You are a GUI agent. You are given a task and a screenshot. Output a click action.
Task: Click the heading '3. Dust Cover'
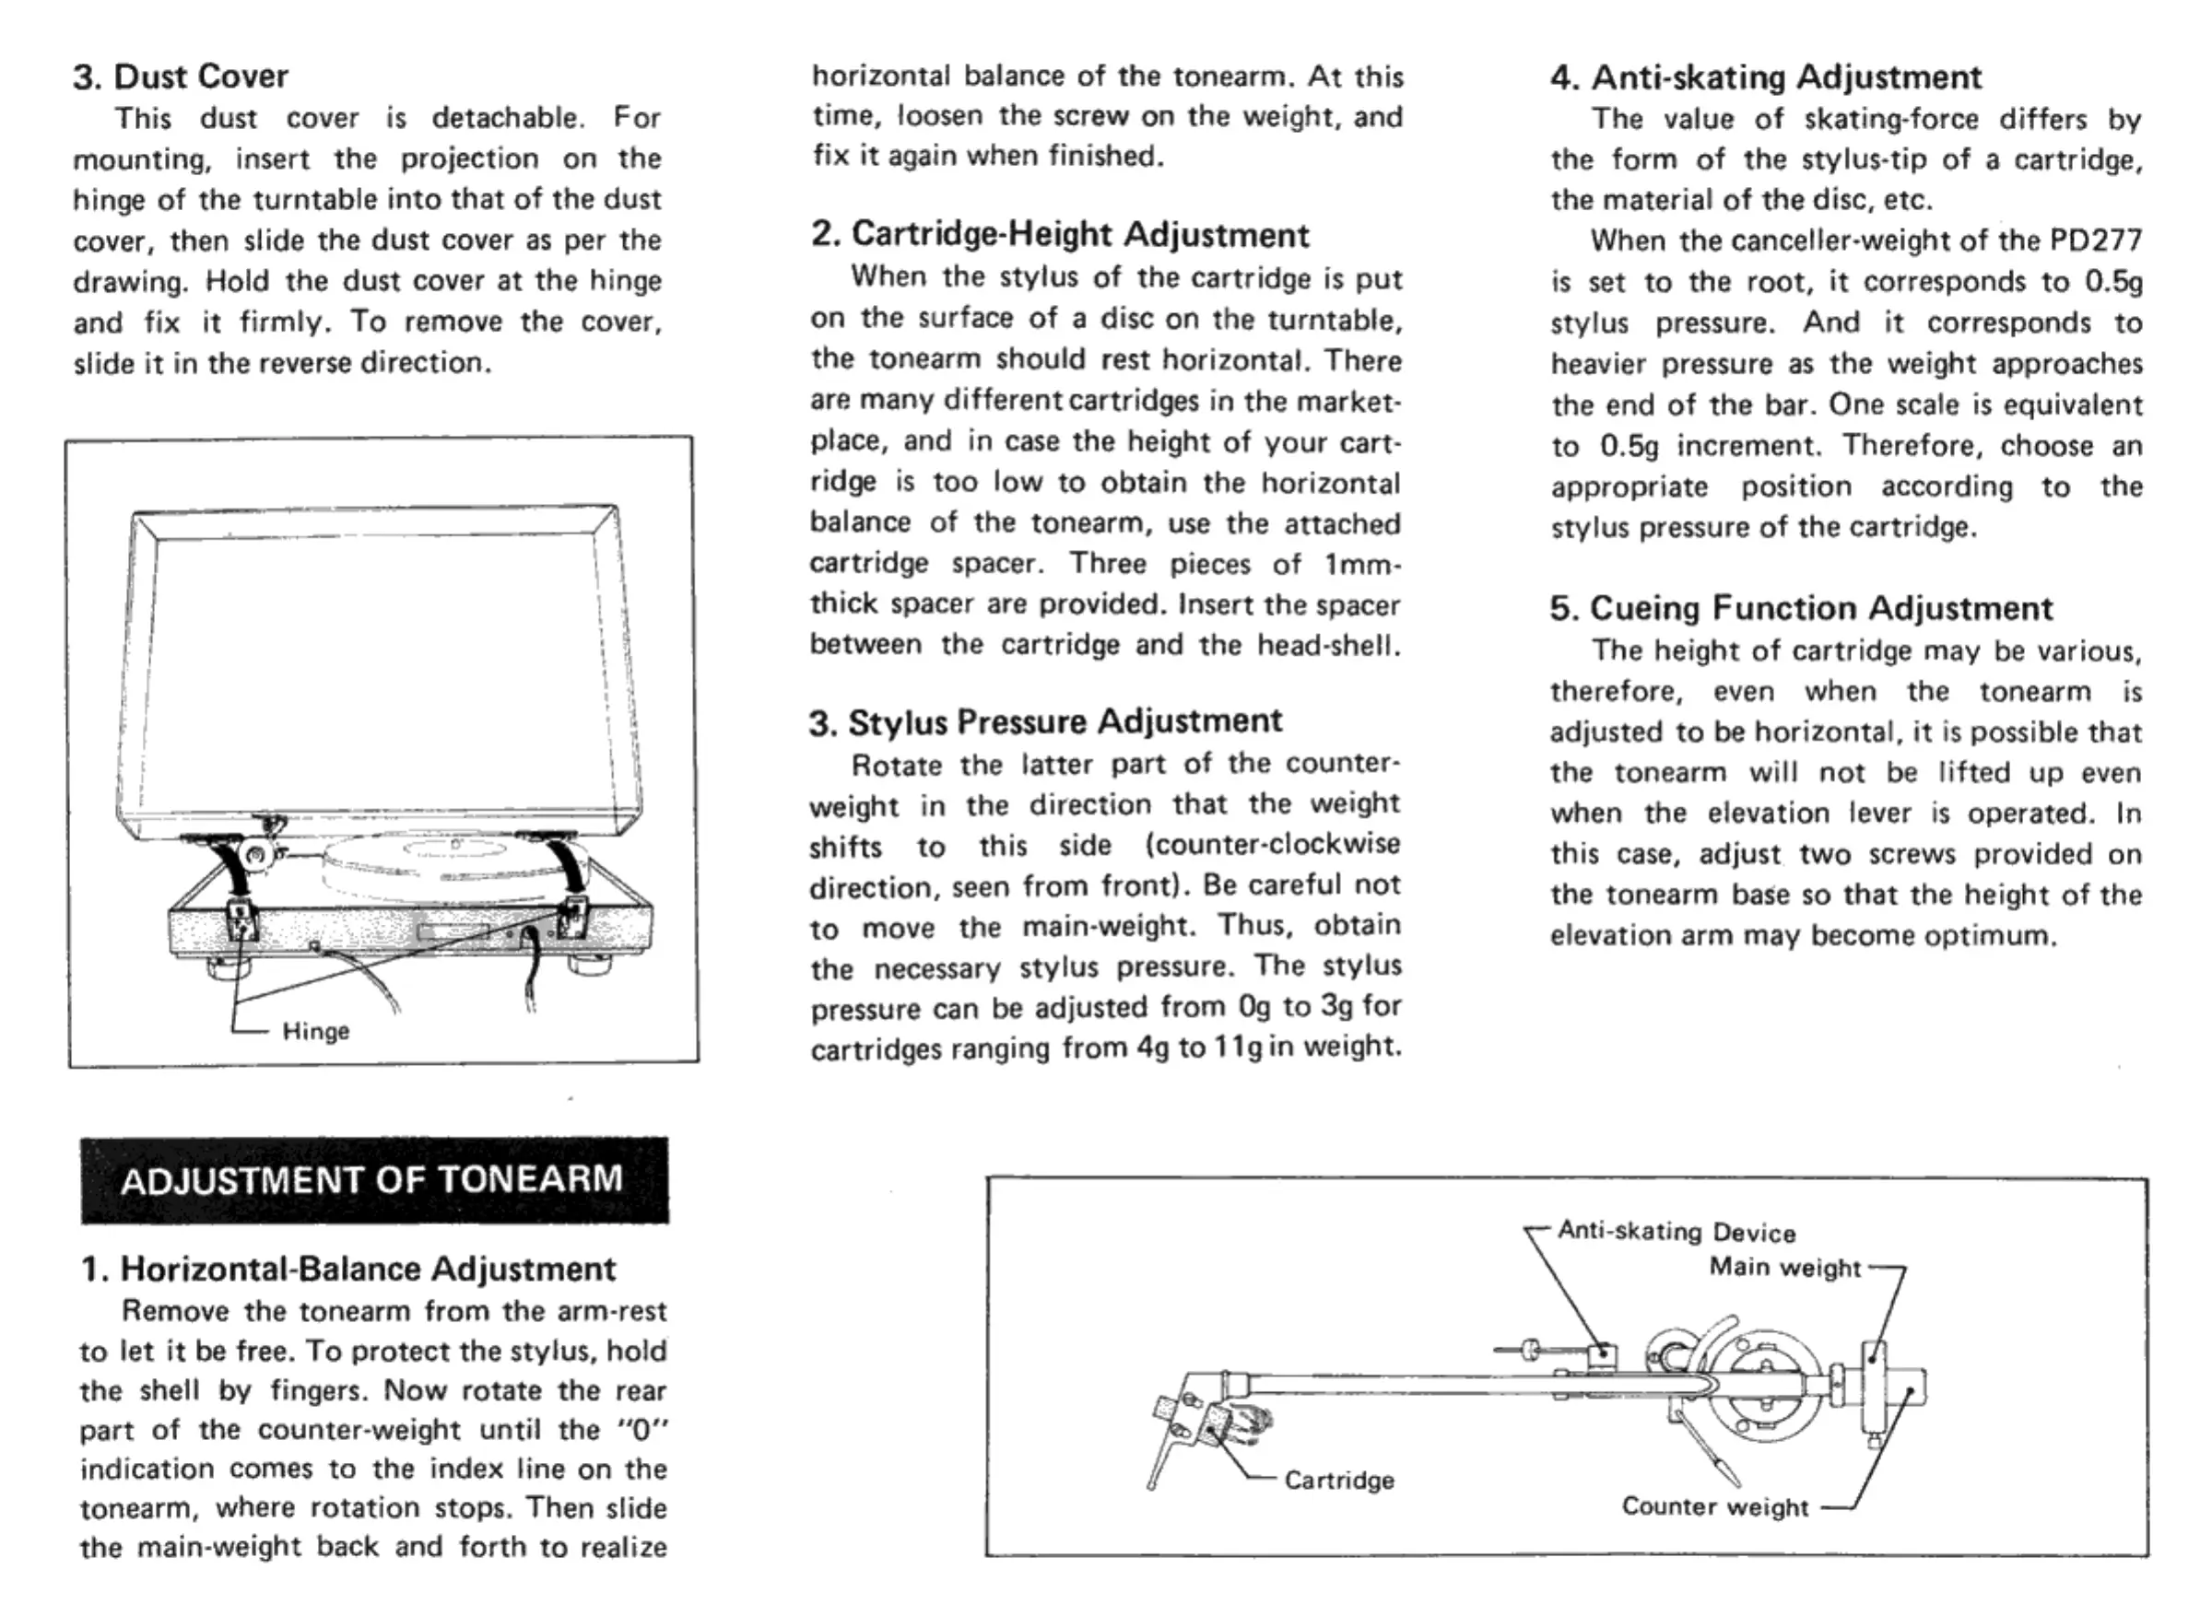point(181,76)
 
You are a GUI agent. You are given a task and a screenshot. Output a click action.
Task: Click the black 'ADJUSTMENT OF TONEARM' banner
point(372,1179)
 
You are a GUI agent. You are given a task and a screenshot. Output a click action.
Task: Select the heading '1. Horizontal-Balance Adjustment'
point(348,1269)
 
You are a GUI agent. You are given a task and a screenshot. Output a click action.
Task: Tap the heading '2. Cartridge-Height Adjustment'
point(1060,235)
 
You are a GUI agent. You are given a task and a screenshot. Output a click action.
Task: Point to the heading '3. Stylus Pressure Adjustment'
point(1045,722)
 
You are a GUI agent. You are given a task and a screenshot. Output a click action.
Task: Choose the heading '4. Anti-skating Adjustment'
point(1766,77)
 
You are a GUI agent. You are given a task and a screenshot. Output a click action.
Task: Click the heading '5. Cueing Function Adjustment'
point(1800,608)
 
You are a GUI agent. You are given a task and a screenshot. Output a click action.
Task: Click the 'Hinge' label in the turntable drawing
point(315,1031)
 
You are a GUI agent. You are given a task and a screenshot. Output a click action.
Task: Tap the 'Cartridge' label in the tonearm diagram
point(1338,1480)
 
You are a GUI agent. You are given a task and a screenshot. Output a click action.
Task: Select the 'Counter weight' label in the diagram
point(1715,1506)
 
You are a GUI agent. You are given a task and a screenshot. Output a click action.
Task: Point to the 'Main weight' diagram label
point(1784,1267)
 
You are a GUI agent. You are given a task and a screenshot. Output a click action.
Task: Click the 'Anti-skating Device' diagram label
point(1676,1231)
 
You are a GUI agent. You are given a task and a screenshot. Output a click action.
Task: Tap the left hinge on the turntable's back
point(240,919)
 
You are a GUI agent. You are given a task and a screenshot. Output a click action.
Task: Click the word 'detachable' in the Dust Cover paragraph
point(507,118)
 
